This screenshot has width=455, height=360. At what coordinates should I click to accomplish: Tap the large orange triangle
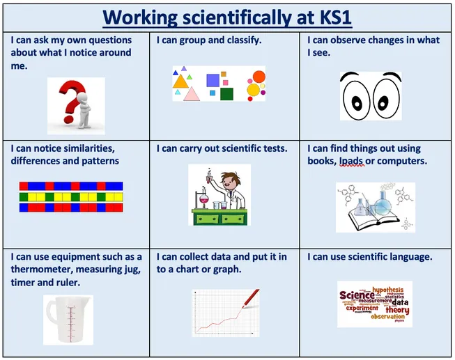tap(180, 83)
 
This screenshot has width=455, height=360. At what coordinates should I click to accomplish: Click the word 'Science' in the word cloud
tap(357, 295)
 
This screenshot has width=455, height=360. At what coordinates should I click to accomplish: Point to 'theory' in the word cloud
tap(396, 311)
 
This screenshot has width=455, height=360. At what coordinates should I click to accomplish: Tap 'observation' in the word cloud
tap(387, 318)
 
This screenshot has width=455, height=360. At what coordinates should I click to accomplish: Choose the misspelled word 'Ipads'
tap(352, 161)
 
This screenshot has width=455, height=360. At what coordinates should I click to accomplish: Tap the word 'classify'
tap(241, 40)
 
